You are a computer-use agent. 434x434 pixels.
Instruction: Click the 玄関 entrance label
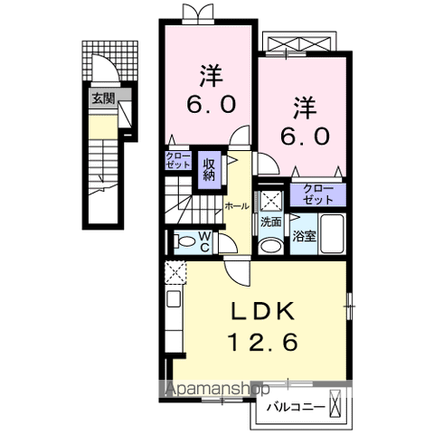coord(101,99)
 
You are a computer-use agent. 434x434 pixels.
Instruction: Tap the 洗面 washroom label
coord(270,221)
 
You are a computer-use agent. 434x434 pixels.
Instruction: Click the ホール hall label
coord(237,206)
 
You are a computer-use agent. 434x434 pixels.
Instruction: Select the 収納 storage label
coord(210,168)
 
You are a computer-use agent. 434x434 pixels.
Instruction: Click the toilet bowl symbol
coord(184,241)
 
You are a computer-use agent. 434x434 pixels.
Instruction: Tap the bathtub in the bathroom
coord(335,236)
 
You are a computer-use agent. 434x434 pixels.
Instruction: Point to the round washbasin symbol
coord(269,245)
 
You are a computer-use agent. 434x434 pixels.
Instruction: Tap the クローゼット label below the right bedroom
coord(317,193)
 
